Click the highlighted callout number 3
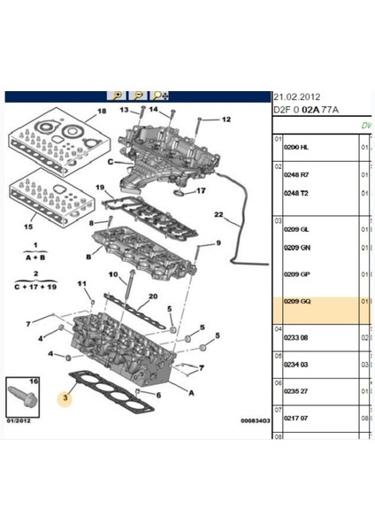65,398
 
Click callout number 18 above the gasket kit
102,112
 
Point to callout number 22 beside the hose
219,215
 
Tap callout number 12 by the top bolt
225,119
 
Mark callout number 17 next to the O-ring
201,190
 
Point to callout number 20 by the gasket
153,296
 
